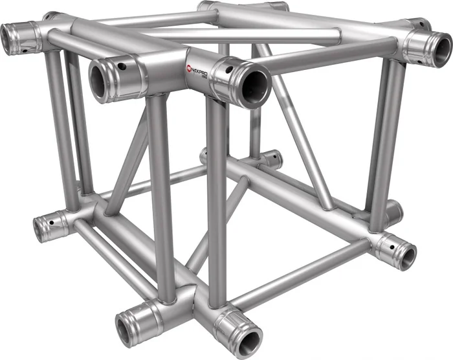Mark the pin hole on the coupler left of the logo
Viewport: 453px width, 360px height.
[x=123, y=66]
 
